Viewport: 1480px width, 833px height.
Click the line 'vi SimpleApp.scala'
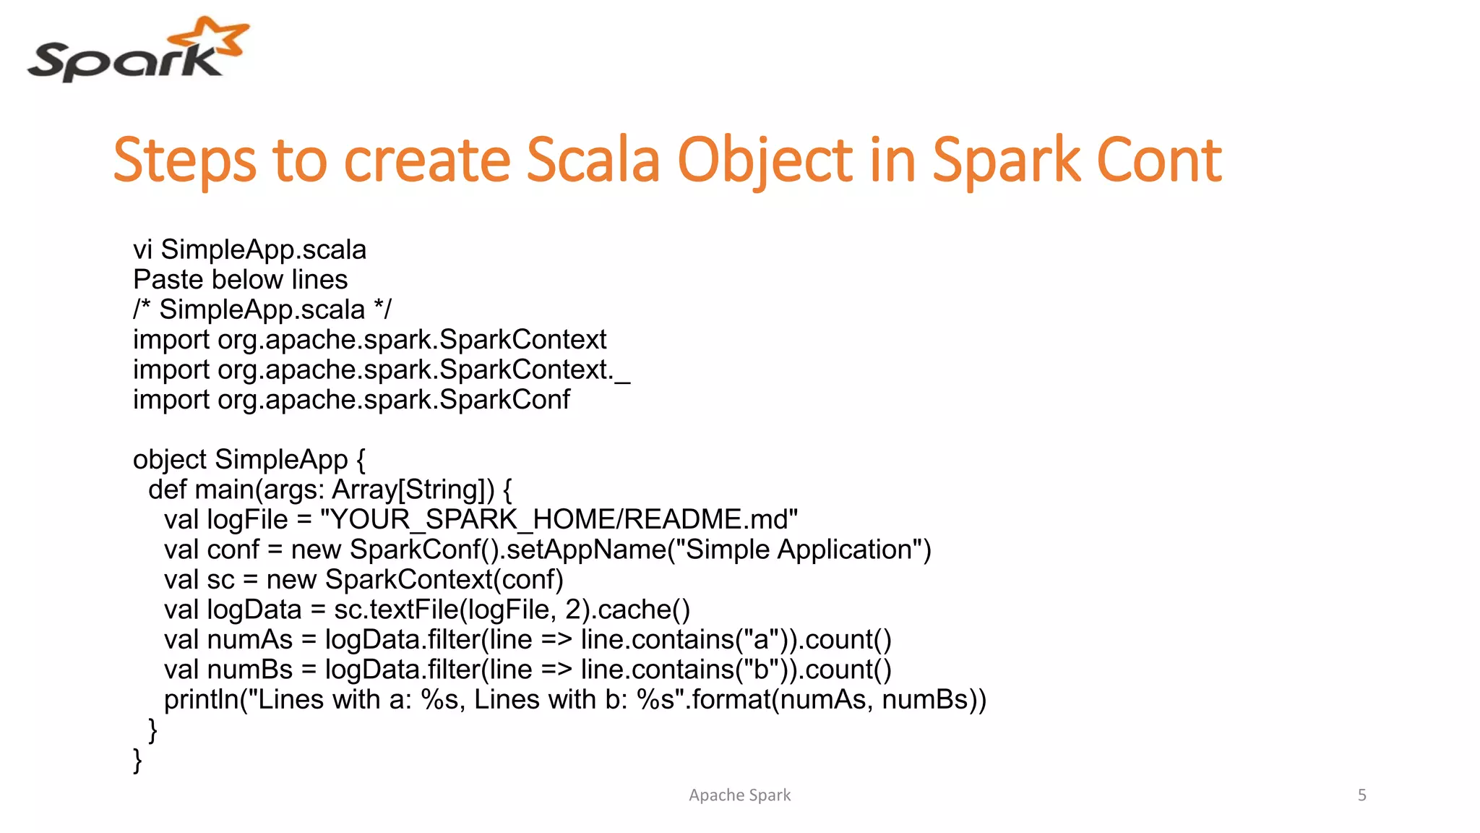[249, 249]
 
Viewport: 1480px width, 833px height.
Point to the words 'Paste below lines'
[240, 280]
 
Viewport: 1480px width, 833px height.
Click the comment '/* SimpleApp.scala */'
[262, 309]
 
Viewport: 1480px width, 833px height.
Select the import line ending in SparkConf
[351, 400]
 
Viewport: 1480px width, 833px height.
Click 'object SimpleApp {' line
[249, 460]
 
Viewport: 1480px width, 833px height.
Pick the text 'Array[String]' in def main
[408, 490]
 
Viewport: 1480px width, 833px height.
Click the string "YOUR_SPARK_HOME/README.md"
[559, 520]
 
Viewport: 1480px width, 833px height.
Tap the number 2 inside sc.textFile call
[572, 610]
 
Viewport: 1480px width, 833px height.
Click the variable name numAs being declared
[249, 640]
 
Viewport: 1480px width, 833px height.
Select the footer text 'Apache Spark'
[739, 795]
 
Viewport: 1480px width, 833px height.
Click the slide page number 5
[1361, 795]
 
